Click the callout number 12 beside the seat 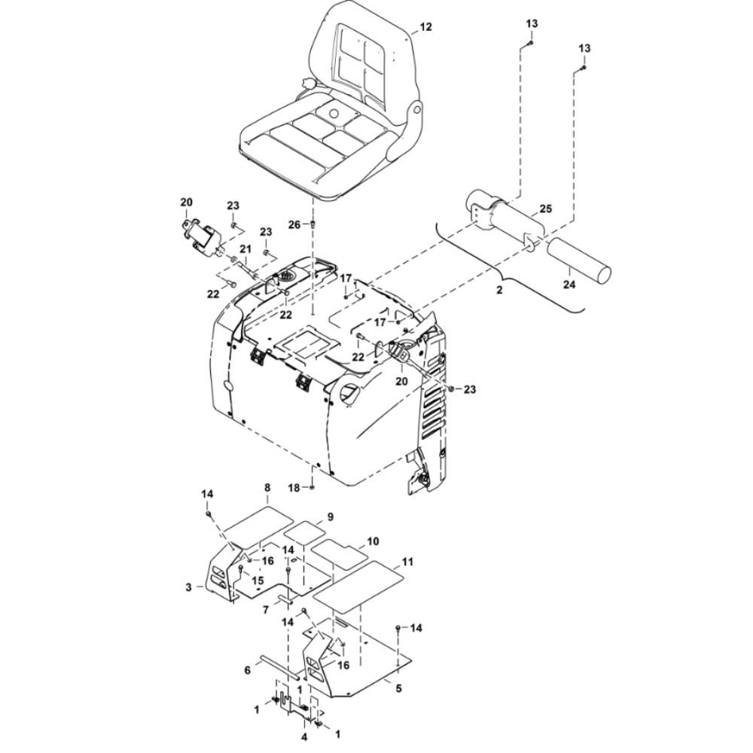(425, 27)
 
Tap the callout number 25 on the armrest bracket (545, 209)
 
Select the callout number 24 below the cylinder (569, 285)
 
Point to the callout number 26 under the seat (294, 224)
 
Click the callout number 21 (245, 249)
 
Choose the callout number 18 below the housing (294, 488)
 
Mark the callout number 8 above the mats (267, 487)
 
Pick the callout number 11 (407, 562)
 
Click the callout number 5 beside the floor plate (398, 688)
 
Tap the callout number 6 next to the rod (247, 669)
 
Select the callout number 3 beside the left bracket (189, 587)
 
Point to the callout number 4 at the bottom (304, 737)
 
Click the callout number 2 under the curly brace (499, 290)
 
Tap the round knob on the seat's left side (307, 84)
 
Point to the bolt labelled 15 (241, 570)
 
